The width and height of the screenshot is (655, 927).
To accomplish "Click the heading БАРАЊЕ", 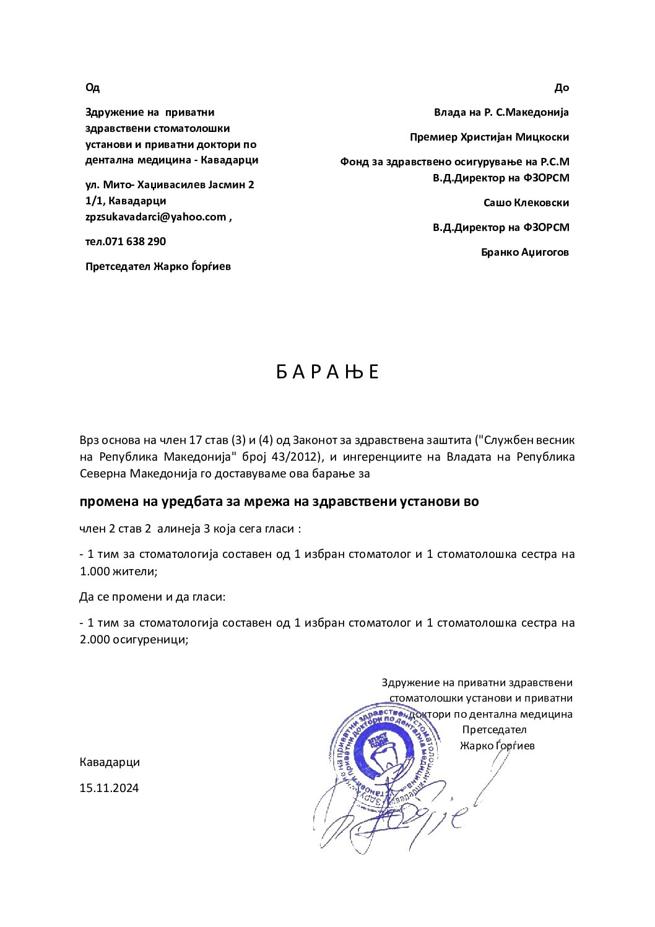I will (x=327, y=372).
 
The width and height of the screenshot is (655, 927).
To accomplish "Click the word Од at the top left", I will (x=92, y=87).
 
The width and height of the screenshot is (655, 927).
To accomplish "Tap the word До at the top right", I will (x=562, y=87).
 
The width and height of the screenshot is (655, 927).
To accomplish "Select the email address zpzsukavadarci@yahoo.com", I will (x=155, y=217).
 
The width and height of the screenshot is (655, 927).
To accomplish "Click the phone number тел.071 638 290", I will (x=126, y=242).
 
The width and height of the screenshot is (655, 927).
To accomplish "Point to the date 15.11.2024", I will (x=109, y=788).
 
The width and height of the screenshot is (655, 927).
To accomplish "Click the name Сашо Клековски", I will (x=526, y=202).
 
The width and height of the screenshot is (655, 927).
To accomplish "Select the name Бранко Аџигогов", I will (x=524, y=252).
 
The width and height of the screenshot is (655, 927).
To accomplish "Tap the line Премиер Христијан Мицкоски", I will (x=489, y=137).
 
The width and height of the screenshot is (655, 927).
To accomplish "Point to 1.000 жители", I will (x=118, y=571).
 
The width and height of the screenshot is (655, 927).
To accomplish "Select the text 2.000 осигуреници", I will (x=133, y=639).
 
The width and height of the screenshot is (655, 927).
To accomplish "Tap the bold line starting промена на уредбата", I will (x=279, y=502).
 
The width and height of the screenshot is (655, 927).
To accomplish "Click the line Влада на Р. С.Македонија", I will (x=501, y=112).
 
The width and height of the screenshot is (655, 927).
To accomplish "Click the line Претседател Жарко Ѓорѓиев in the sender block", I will (x=158, y=266).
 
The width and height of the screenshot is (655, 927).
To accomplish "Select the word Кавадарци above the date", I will (x=110, y=762).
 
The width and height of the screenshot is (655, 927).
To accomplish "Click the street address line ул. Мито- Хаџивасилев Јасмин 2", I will (x=170, y=185).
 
